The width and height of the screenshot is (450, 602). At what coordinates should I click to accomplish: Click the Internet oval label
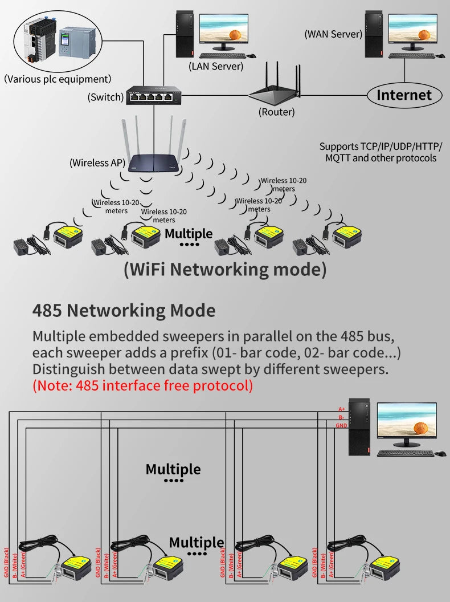(404, 95)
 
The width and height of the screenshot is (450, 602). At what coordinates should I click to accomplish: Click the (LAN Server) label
(216, 66)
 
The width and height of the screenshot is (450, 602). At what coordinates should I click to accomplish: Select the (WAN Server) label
(333, 34)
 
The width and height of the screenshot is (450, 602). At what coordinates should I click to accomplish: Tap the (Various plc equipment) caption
(58, 79)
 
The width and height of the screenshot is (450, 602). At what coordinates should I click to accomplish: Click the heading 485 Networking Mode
(124, 311)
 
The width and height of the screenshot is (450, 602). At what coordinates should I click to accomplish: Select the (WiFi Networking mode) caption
(225, 269)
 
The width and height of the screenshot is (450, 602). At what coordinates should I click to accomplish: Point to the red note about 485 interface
(142, 386)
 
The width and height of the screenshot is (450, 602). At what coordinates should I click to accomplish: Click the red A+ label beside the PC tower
(342, 409)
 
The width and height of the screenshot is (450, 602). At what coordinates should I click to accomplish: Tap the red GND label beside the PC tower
(342, 426)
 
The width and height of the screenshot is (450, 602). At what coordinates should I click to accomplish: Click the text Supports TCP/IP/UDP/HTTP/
(381, 147)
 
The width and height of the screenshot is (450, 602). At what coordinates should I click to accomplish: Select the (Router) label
(277, 112)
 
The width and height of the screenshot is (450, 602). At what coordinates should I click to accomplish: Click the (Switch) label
(105, 97)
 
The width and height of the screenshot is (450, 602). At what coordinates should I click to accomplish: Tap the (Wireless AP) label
(97, 163)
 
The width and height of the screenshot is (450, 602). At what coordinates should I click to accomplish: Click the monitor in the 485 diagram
(407, 425)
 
